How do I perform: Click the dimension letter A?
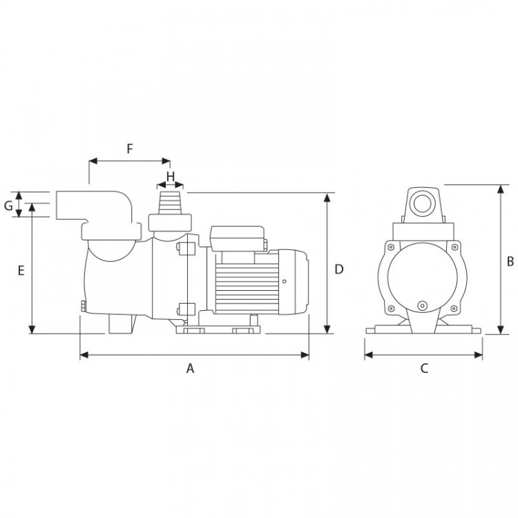point(190,368)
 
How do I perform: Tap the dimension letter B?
point(510,262)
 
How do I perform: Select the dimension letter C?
point(424,368)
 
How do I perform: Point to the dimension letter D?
point(339,269)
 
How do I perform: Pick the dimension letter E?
point(21,271)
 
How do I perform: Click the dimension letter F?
point(130,149)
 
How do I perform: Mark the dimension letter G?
point(8,206)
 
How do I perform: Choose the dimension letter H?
point(171,177)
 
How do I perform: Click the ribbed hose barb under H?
point(170,202)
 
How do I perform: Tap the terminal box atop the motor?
point(237,238)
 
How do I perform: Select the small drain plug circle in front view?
point(422,305)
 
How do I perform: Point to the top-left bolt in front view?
point(391,247)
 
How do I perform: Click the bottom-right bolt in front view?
point(454,309)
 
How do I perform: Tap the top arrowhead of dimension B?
point(501,189)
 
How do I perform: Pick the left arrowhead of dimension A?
point(84,355)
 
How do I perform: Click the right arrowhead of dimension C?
point(478,355)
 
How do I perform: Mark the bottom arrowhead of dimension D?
point(327,329)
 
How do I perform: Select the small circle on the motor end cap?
point(285,282)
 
